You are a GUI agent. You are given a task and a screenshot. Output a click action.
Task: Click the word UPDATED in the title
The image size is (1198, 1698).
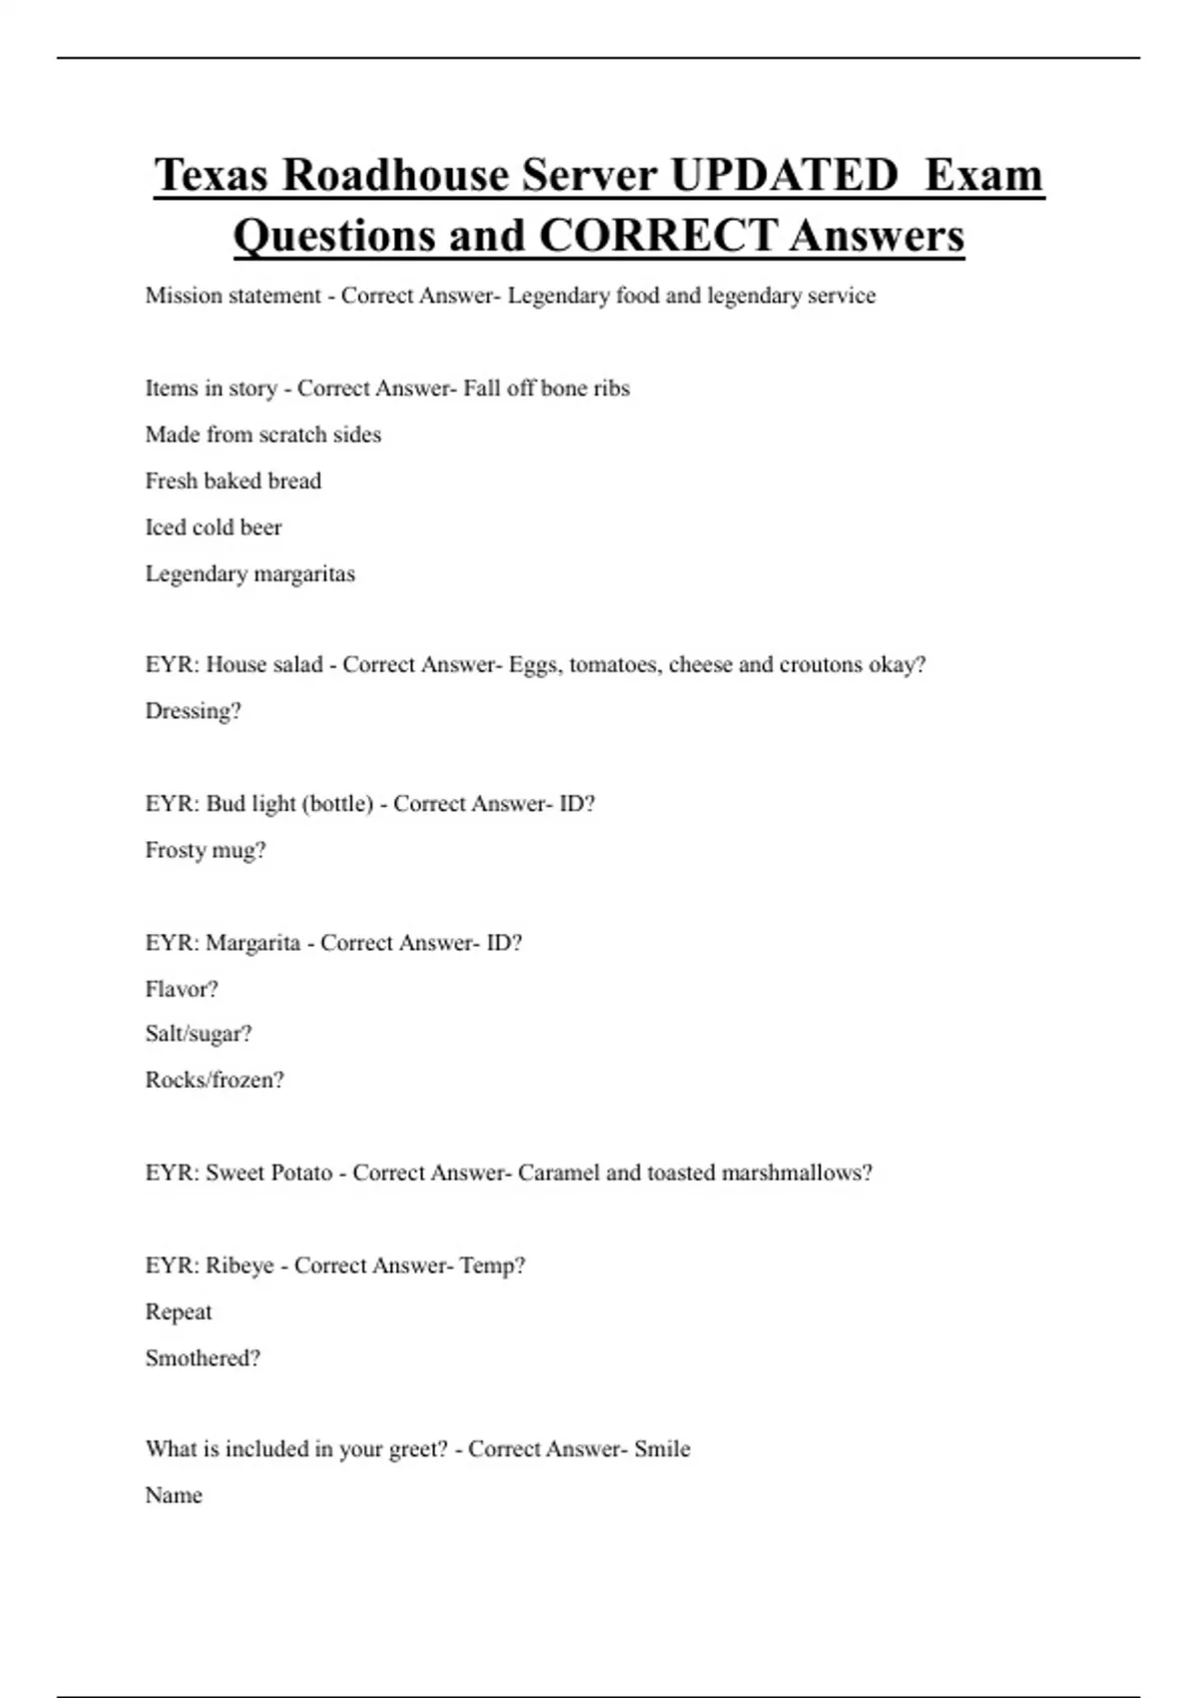(x=784, y=175)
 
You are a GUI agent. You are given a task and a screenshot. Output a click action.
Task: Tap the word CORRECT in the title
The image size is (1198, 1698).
(x=658, y=236)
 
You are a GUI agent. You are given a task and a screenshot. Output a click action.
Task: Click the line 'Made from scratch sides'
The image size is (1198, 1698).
(x=263, y=434)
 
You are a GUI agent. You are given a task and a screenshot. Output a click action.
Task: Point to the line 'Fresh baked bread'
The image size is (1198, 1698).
(x=233, y=480)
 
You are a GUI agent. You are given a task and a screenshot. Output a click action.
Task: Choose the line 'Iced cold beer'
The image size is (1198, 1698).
(x=213, y=527)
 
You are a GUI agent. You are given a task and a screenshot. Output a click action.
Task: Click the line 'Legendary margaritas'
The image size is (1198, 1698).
(x=250, y=573)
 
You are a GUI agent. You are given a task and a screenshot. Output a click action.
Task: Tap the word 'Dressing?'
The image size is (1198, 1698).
(x=193, y=711)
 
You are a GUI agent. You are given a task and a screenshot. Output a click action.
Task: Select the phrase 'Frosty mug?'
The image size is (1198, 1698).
(x=205, y=850)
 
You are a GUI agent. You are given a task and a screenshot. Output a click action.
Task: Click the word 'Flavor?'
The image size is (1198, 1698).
(x=181, y=989)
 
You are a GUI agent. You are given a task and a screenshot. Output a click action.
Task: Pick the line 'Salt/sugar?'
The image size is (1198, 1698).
(x=198, y=1034)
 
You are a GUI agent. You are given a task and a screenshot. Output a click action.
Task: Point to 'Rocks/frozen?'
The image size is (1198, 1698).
(x=214, y=1080)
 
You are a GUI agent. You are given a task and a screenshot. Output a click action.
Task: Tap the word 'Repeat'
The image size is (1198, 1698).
(x=178, y=1311)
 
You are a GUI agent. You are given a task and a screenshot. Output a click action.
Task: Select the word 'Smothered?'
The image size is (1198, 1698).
(x=202, y=1358)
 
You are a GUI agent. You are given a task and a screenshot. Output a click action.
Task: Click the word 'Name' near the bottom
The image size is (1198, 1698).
(x=173, y=1495)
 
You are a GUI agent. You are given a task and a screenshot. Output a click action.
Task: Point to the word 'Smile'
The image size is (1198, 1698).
(x=662, y=1449)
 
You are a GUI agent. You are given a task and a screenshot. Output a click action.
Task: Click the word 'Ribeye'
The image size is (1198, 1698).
(x=239, y=1266)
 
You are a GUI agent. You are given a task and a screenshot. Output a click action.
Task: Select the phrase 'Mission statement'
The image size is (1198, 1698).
(x=233, y=296)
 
